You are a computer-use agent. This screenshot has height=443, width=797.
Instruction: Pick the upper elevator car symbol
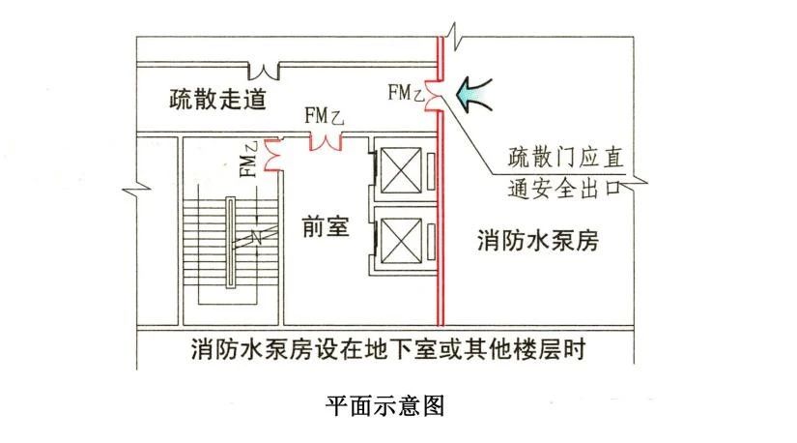(x=398, y=172)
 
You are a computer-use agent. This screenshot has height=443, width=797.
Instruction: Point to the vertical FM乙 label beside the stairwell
(x=248, y=161)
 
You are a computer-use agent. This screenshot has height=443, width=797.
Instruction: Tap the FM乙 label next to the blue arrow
(x=405, y=93)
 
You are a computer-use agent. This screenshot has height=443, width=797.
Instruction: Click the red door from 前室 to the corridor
(x=326, y=140)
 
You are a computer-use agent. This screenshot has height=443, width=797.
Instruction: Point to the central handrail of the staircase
(x=231, y=241)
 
